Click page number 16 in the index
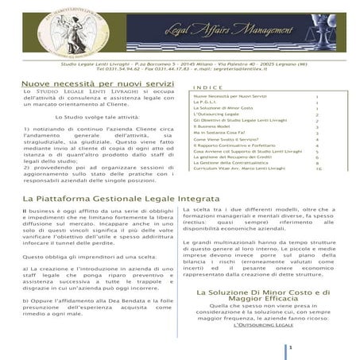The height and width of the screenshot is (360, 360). [318, 168]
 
